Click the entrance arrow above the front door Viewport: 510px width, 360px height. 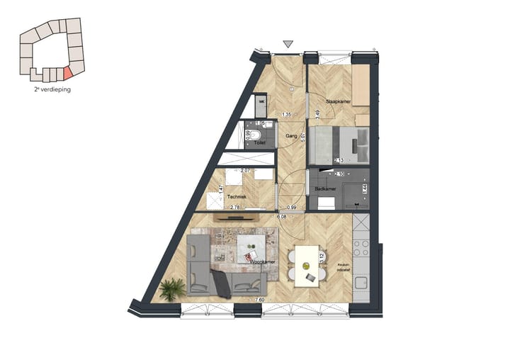287,45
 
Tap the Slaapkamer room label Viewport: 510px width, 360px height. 339,101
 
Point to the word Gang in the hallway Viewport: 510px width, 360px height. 290,135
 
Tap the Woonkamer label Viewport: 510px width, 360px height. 262,261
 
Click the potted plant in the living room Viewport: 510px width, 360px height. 172,288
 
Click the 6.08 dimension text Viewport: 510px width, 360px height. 281,217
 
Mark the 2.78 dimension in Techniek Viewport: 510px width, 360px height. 235,207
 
